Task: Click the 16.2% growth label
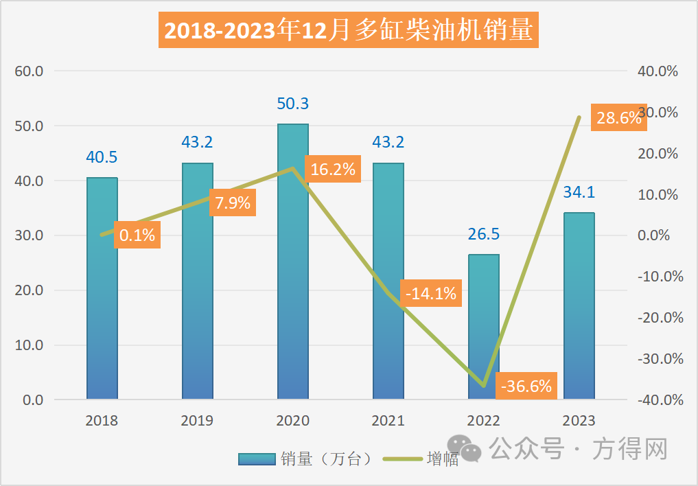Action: [333, 170]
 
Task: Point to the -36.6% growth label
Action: [526, 386]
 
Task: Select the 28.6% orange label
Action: [618, 117]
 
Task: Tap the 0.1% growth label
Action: [137, 235]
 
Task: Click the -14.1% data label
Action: [431, 294]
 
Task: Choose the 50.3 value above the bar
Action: [293, 104]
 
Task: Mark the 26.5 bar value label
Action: [484, 235]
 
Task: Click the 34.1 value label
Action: [579, 193]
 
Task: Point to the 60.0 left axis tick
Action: [28, 71]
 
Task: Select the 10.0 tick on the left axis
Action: [28, 345]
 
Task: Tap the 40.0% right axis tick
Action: [658, 71]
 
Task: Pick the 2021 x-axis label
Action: [388, 421]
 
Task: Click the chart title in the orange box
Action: [349, 30]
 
